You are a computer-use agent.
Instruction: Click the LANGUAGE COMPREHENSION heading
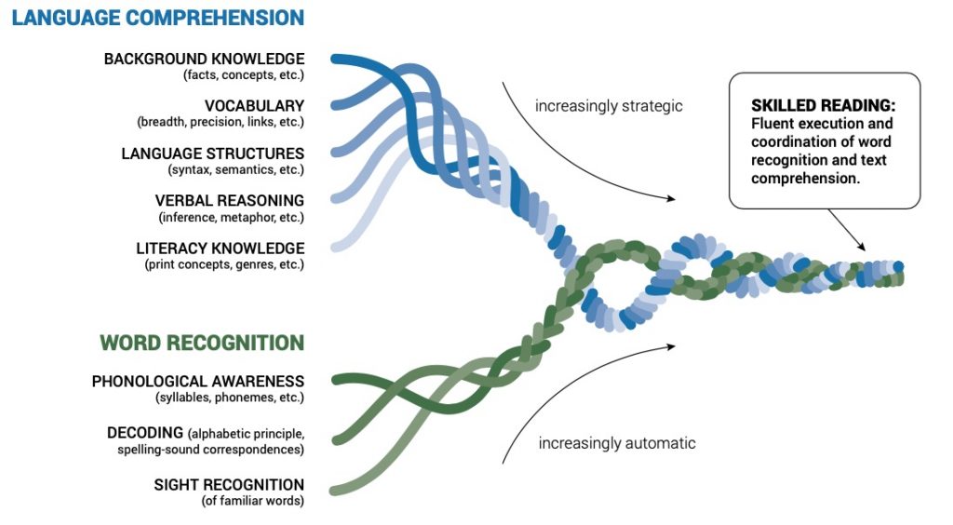coord(158,18)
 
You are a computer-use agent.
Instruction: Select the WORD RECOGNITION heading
coord(202,343)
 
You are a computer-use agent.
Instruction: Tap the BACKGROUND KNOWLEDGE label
coord(204,60)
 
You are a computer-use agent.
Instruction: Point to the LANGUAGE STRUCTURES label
coord(212,154)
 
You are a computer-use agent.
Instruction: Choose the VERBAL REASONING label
coord(230,200)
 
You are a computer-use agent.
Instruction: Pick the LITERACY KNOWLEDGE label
coord(220,249)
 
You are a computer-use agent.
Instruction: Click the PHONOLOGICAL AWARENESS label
coord(198,382)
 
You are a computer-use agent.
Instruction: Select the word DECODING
coord(144,434)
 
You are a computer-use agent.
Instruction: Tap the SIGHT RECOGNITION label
coord(229,485)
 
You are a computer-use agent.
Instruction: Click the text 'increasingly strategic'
coord(609,106)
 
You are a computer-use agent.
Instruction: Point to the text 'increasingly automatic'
coord(617,443)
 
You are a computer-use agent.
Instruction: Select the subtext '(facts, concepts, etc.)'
coord(244,75)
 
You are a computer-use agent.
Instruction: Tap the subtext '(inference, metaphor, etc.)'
coord(232,217)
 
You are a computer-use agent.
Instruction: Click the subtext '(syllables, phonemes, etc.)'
coord(230,397)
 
